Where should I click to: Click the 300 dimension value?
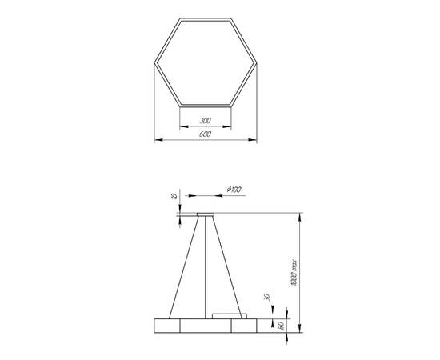205,121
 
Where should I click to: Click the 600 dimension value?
205,134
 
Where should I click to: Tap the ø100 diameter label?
234,189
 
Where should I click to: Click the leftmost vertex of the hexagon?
153,62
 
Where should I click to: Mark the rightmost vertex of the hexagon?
257,62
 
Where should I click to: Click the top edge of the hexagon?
205,18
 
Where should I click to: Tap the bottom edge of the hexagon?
205,106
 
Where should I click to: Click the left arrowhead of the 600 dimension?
155,141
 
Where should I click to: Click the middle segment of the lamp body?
205,325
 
